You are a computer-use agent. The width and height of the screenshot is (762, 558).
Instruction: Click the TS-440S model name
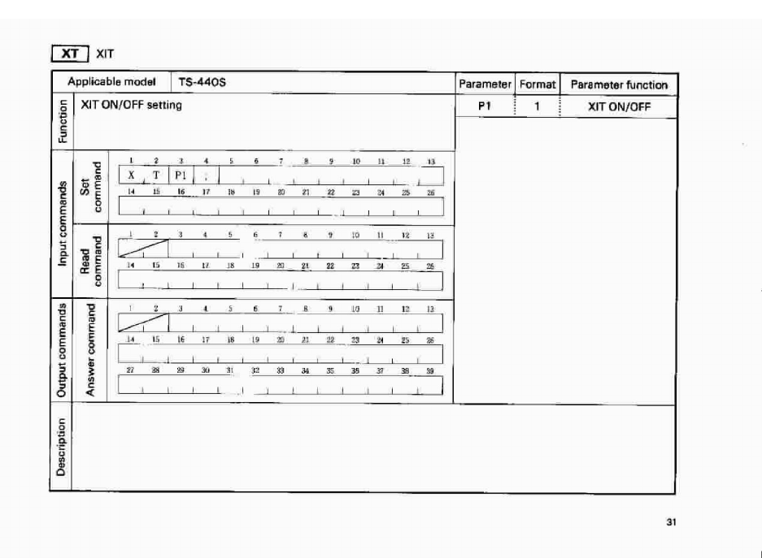(x=199, y=83)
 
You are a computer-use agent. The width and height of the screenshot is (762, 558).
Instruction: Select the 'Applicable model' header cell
(x=106, y=83)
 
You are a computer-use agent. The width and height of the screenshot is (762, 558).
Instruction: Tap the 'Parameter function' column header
(x=619, y=84)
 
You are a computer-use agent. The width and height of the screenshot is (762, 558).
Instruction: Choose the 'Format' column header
(x=536, y=84)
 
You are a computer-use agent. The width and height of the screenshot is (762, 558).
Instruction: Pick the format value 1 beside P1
(x=537, y=106)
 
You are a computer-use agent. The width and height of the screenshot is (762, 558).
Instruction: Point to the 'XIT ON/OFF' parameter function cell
(x=619, y=106)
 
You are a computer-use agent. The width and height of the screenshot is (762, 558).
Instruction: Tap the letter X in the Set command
(x=131, y=175)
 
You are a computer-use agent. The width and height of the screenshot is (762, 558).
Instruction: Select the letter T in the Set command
(x=156, y=175)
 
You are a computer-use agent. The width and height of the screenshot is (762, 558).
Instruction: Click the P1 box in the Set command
(x=181, y=175)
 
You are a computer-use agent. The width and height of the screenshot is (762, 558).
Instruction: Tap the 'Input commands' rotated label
(x=61, y=222)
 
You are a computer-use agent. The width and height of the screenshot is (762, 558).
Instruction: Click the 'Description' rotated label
(x=61, y=448)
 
